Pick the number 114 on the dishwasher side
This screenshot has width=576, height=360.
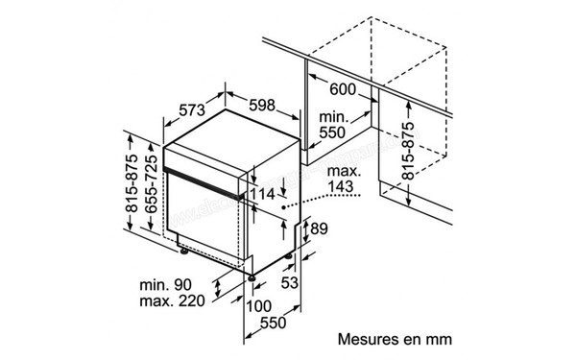click(265, 195)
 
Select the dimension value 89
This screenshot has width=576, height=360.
click(320, 228)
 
